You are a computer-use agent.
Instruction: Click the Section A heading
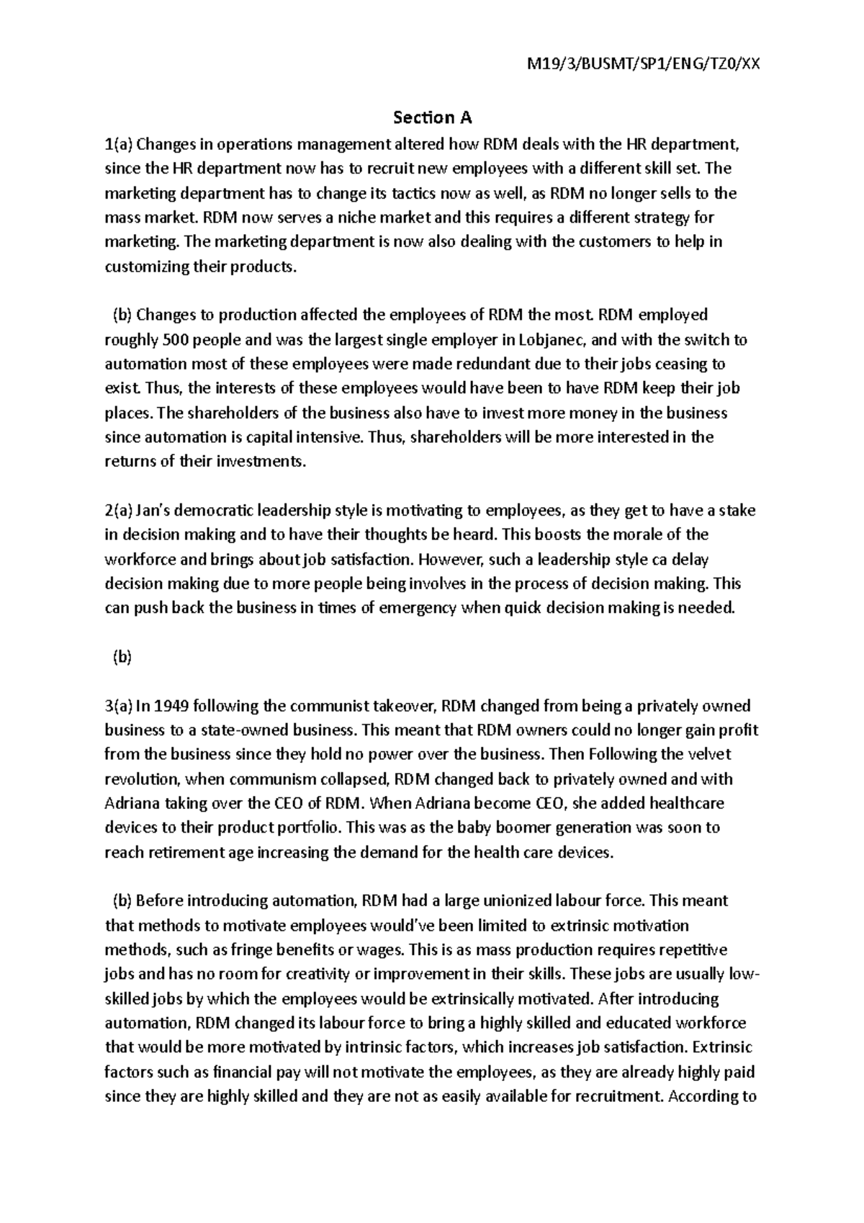[432, 117]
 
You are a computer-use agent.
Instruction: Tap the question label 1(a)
[119, 143]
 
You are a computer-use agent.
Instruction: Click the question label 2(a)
[119, 511]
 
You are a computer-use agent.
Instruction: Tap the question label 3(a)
[119, 706]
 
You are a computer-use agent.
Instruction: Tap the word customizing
[141, 266]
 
